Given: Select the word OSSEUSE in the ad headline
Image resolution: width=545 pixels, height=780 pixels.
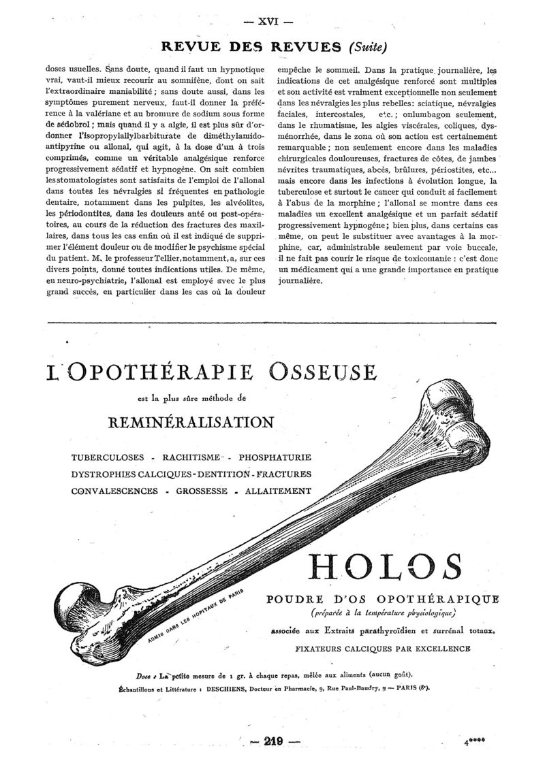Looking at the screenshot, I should click(322, 372).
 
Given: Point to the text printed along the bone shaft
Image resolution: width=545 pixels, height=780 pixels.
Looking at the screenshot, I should click(194, 616).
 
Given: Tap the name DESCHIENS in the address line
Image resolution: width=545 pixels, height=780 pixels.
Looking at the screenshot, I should click(228, 688).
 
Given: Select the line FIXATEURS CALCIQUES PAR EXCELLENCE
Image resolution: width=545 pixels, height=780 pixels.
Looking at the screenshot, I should click(383, 649).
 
